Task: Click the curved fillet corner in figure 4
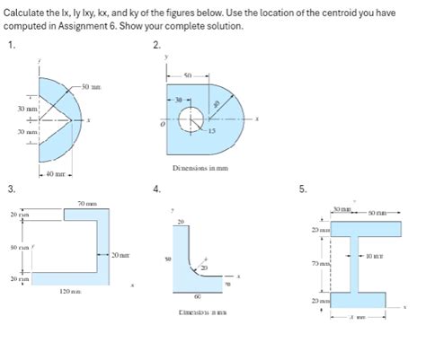point(189,268)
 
